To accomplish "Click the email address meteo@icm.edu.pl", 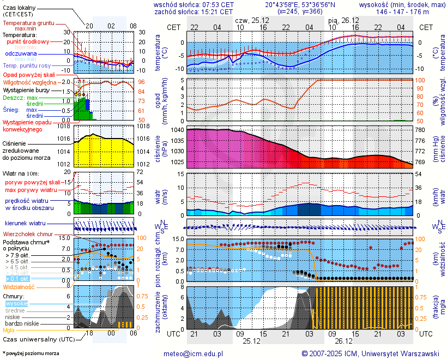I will pos(194,353).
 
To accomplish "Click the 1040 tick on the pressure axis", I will pos(178,130).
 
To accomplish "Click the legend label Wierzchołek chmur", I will pos(24,234).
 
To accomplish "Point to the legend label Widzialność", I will pos(19,286).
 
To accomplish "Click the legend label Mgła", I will pos(9,330).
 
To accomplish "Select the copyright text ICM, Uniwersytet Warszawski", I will pos(370,353).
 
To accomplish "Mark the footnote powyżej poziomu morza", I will pos(32,353).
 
